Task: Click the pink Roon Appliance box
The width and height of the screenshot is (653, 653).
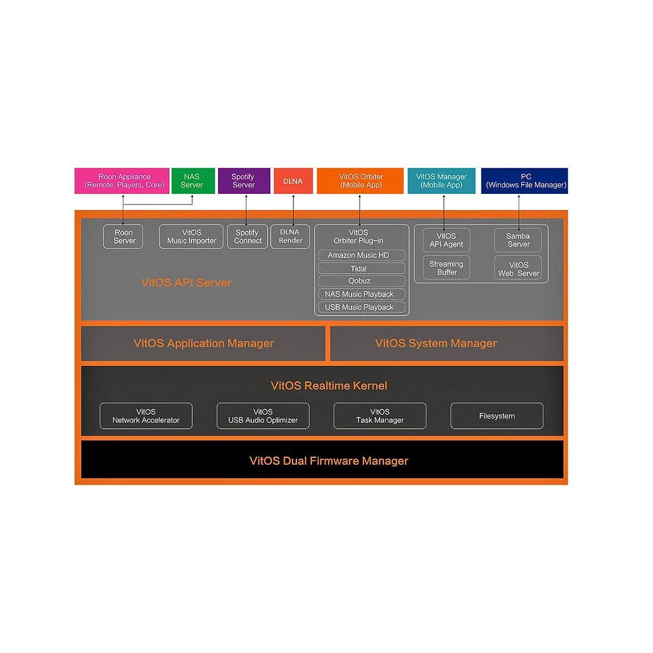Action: [122, 181]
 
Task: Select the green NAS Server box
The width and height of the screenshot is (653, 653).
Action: [193, 181]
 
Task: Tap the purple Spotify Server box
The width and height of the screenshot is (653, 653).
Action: [244, 181]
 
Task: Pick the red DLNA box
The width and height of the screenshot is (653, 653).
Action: [293, 181]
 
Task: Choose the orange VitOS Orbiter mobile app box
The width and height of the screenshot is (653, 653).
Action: [360, 181]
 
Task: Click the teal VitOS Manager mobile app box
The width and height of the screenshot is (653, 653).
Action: [441, 181]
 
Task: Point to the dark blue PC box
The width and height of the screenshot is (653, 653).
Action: [524, 181]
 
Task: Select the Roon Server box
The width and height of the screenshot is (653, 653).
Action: [123, 237]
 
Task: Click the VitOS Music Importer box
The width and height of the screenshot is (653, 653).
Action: [191, 237]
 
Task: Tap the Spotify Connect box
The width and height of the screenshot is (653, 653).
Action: [247, 237]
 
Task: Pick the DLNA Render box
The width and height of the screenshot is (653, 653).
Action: [290, 237]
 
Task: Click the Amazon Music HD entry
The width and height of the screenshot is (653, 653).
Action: [362, 255]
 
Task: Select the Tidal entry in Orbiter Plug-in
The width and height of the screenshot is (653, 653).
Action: [362, 268]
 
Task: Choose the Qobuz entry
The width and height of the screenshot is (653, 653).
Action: [362, 281]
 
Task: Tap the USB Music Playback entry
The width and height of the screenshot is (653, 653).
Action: [362, 308]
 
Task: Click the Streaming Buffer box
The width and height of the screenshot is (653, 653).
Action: [447, 268]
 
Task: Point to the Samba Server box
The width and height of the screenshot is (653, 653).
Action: [518, 240]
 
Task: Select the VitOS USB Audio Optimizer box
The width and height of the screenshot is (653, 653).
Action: [263, 416]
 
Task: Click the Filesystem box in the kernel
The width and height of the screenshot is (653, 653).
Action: [497, 416]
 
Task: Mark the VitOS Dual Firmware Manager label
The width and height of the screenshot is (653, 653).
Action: [329, 460]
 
